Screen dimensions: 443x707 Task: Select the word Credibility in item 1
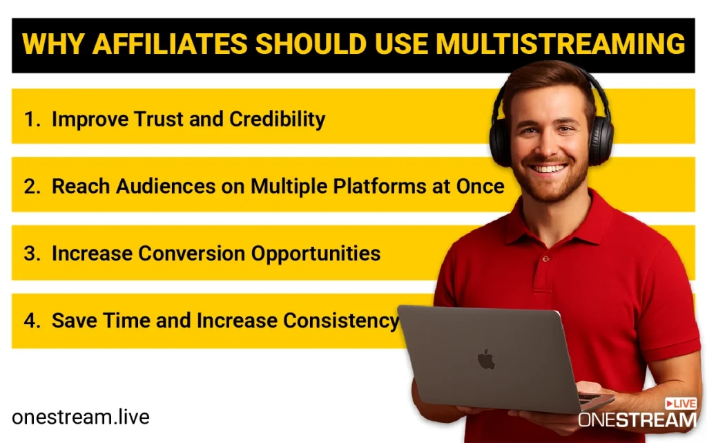(x=278, y=119)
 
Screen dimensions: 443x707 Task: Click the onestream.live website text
(x=80, y=417)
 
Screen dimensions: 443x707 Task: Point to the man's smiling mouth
(x=550, y=168)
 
